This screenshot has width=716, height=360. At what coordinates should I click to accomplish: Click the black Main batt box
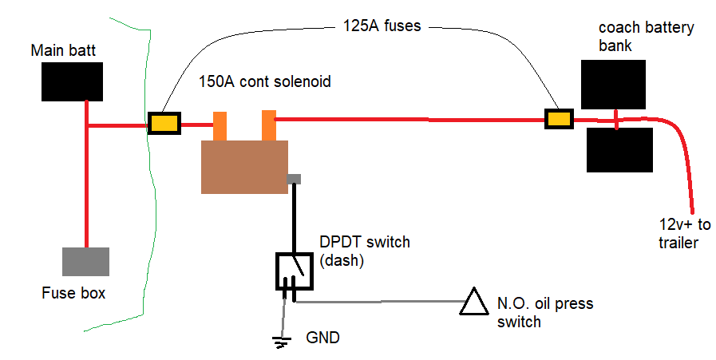[72, 81]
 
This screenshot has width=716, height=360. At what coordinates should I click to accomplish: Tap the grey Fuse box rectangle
[86, 262]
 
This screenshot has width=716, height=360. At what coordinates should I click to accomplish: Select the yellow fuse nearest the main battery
[164, 124]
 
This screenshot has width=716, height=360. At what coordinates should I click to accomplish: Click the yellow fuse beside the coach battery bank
[559, 119]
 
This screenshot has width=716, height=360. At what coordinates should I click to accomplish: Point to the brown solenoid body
[245, 167]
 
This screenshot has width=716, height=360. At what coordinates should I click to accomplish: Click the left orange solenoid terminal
[220, 126]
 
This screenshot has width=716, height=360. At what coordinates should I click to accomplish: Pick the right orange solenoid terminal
[269, 125]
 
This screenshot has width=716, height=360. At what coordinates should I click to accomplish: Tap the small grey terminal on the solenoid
[294, 179]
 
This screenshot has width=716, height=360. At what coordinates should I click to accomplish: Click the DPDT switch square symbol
[295, 271]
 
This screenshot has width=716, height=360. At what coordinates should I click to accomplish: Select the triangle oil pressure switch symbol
[474, 303]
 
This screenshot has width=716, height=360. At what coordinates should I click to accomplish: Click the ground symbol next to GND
[281, 342]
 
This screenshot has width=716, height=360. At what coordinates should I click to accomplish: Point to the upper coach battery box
[613, 85]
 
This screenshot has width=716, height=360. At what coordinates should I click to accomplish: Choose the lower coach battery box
[619, 150]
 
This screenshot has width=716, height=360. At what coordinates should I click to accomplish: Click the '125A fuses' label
[382, 26]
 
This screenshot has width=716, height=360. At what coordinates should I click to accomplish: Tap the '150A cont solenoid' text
[265, 81]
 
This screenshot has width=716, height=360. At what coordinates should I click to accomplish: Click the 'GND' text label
[322, 338]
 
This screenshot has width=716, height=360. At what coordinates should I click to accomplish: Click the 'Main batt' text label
[64, 50]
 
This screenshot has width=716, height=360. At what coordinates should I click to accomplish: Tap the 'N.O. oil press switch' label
[545, 312]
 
